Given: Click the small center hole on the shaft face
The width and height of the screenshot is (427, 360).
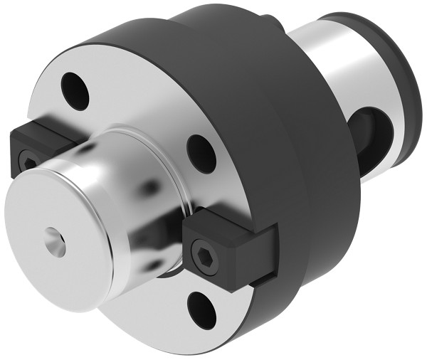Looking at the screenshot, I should point(55,243).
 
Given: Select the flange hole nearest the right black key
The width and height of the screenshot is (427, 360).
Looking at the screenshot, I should point(201,152).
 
